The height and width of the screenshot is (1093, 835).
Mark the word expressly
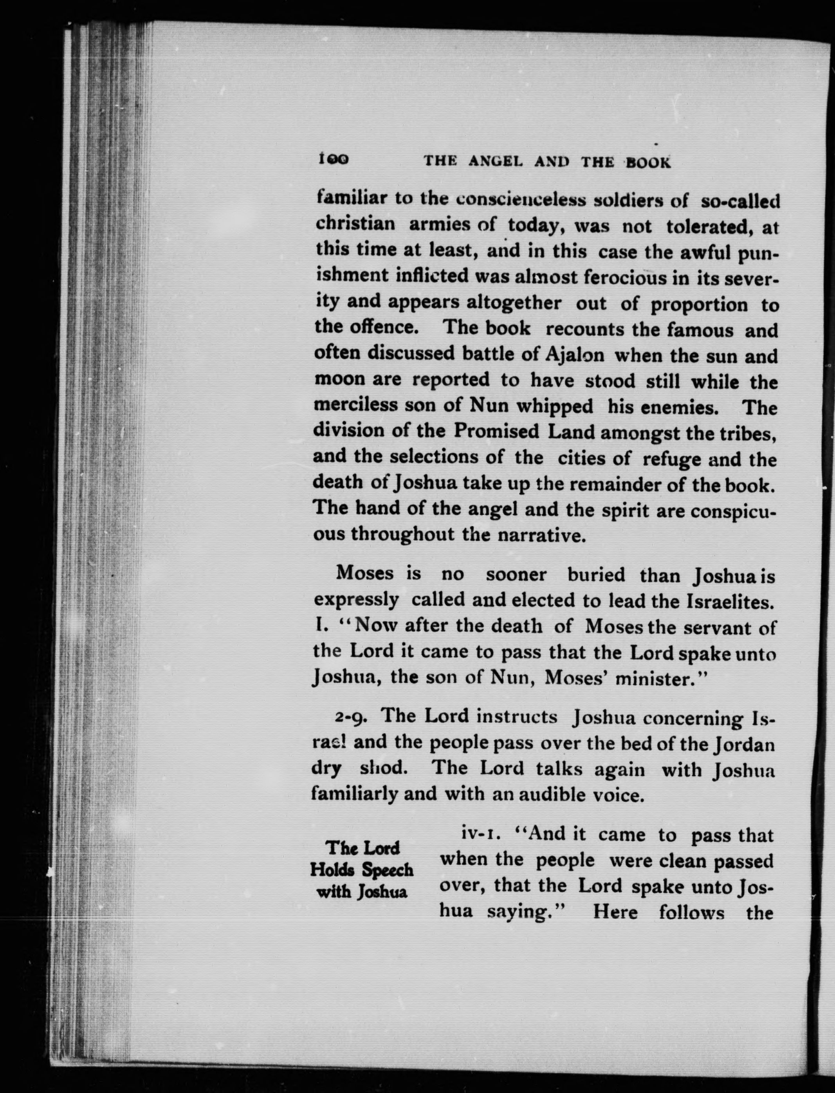[356, 601]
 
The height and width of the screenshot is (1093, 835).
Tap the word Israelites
[730, 602]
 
